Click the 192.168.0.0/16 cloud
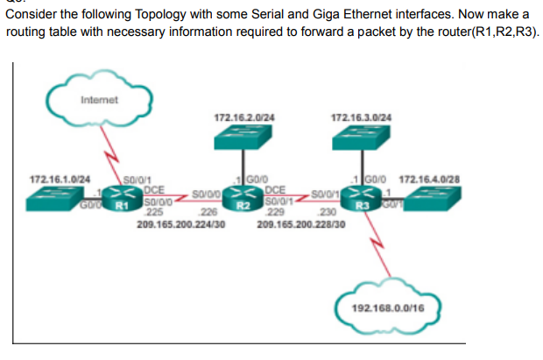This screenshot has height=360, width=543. point(388,307)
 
